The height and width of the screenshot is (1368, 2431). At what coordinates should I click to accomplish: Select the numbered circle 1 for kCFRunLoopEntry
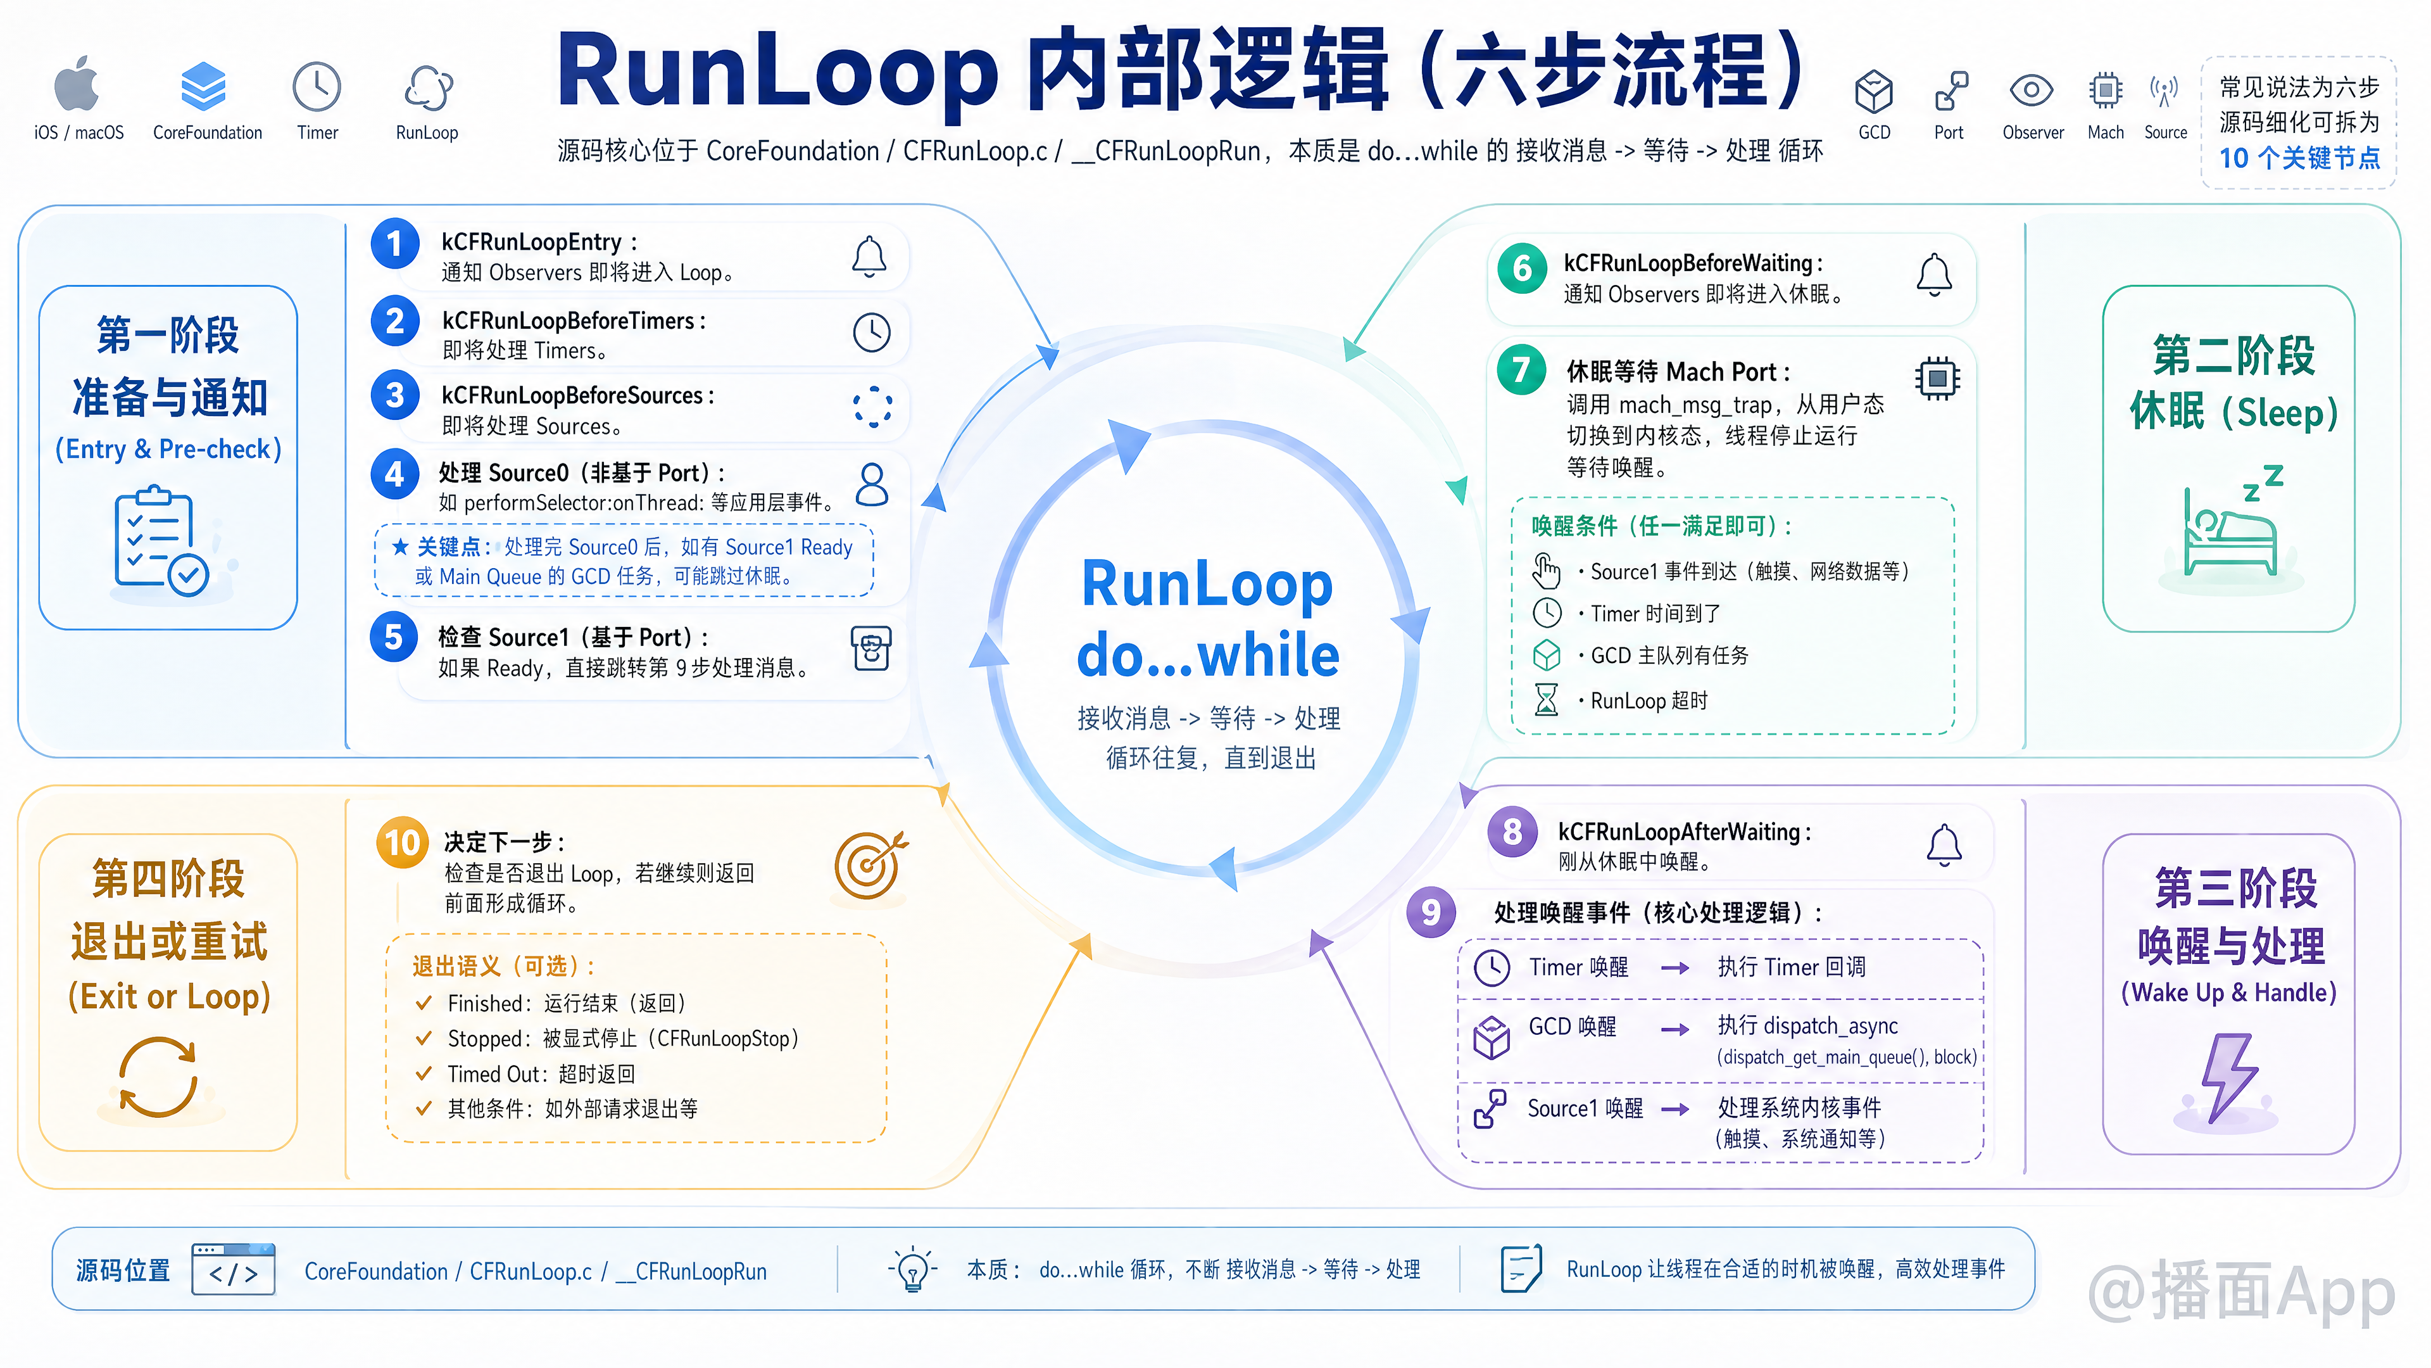coord(394,244)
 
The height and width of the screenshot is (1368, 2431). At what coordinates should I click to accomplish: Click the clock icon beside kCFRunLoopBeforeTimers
coord(871,332)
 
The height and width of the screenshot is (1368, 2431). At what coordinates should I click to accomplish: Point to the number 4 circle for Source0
coord(394,474)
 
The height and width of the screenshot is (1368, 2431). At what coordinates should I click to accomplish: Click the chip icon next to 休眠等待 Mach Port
coord(1937,379)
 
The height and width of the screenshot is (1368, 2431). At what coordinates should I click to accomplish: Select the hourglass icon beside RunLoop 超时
coord(1546,700)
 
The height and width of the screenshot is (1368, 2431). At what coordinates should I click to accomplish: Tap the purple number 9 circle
coord(1431,912)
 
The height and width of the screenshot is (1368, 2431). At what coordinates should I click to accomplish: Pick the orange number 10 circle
coord(402,842)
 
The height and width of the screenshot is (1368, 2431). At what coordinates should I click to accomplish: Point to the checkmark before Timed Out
coord(424,1073)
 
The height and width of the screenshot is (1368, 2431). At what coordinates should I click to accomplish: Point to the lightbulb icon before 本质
coord(912,1269)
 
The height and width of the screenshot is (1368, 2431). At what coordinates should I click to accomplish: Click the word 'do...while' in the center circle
coord(1208,655)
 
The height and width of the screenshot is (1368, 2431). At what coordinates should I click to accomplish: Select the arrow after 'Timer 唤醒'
coord(1675,968)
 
